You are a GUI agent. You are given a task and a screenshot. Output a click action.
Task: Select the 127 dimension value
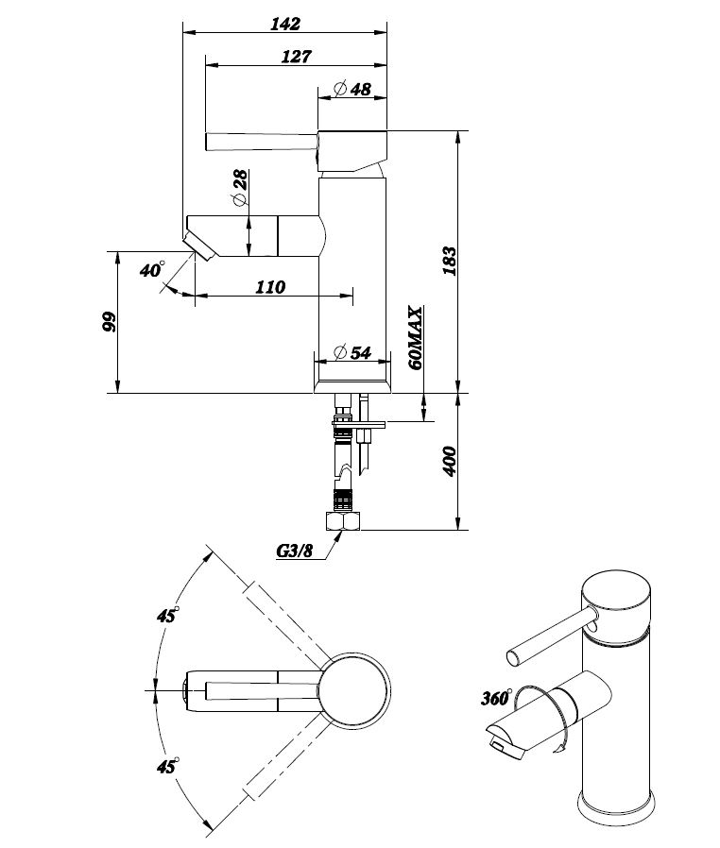[x=296, y=56]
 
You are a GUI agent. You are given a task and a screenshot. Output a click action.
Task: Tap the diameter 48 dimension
[x=352, y=90]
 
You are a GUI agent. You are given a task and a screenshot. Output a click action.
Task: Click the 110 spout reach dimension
[x=270, y=286]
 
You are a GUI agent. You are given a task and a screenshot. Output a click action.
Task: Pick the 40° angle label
[x=151, y=270]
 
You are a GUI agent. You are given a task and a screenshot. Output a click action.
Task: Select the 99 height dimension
[x=110, y=322]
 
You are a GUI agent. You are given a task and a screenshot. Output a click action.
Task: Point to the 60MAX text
[x=413, y=337]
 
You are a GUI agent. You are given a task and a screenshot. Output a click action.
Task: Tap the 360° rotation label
[x=495, y=700]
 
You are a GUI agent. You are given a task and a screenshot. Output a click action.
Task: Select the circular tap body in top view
[x=352, y=690]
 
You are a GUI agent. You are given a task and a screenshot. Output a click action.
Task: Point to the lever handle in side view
[x=261, y=142]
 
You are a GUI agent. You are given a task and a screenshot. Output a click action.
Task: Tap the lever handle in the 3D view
[x=548, y=636]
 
